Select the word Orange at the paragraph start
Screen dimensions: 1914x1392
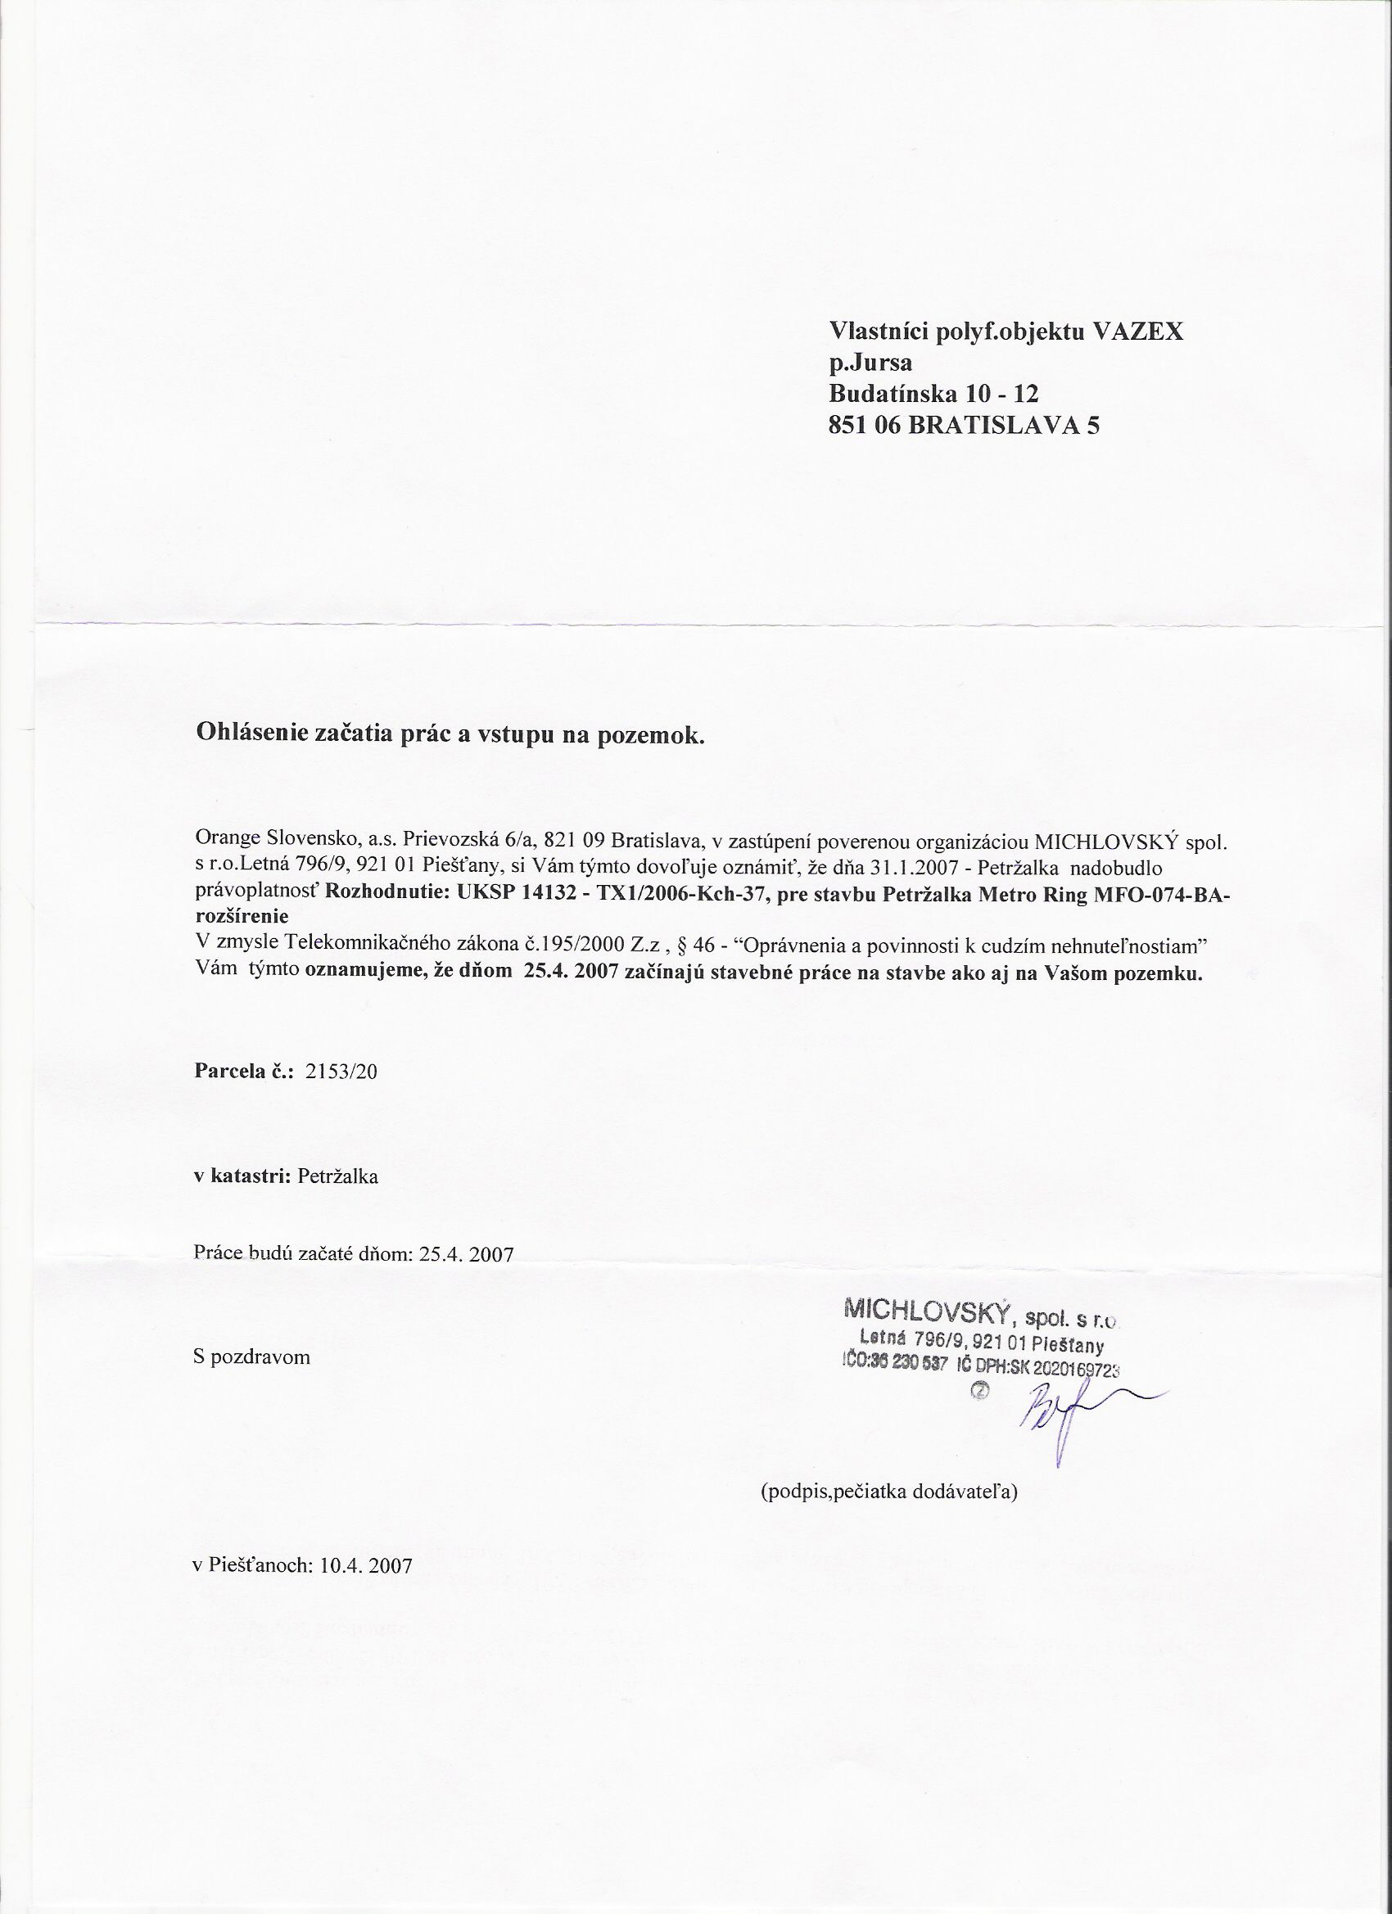pos(225,841)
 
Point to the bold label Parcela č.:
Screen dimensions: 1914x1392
pos(243,1072)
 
